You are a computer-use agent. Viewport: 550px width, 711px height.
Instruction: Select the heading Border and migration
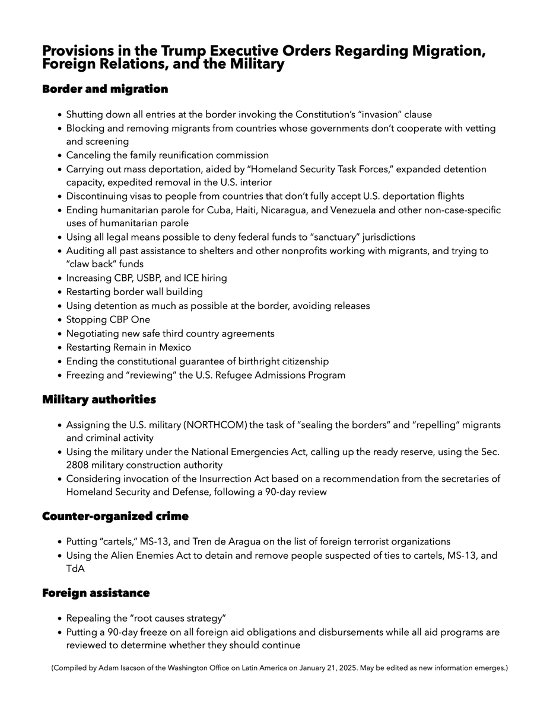tap(105, 89)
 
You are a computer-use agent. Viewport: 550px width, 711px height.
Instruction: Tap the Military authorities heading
tap(98, 400)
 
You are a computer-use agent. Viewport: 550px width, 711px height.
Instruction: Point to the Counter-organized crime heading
tap(115, 517)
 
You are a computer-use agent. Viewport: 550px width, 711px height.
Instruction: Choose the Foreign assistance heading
tap(96, 593)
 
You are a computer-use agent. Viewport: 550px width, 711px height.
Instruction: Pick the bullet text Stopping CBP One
tap(108, 319)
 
